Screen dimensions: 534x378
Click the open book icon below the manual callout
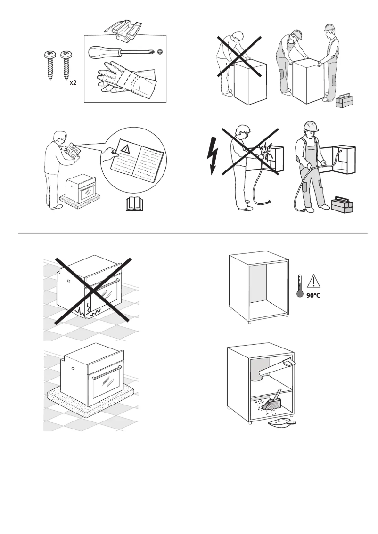[127, 204]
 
